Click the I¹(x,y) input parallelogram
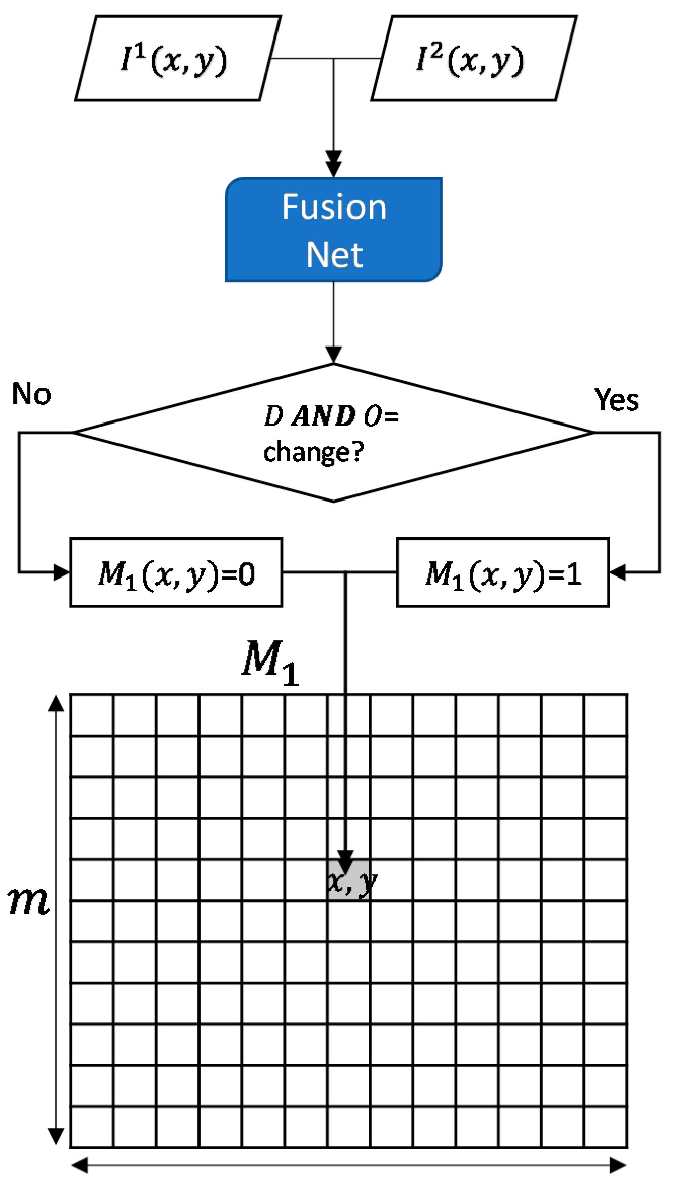[177, 58]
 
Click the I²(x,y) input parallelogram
[474, 58]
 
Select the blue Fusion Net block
[334, 229]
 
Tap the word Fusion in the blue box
[334, 207]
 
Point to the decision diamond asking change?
[334, 433]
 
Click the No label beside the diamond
[31, 394]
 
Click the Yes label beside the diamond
[616, 400]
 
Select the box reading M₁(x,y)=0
[176, 572]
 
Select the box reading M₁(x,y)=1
[502, 572]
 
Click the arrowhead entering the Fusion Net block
[334, 165]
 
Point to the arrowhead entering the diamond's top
[334, 355]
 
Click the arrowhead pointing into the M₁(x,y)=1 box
[617, 572]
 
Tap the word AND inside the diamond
[324, 416]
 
